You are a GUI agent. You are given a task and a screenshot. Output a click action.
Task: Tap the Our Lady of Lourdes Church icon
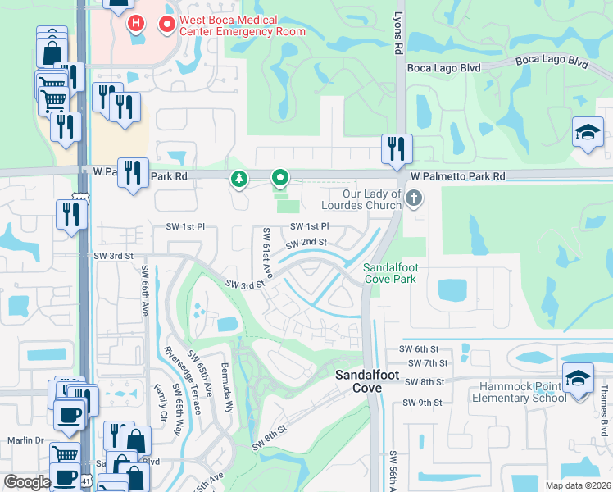(x=415, y=198)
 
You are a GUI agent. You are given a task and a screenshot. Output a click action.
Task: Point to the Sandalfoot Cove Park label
(x=390, y=273)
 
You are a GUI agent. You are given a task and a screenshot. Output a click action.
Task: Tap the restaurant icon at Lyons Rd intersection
(x=397, y=150)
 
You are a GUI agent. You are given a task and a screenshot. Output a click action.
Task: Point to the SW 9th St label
(x=423, y=403)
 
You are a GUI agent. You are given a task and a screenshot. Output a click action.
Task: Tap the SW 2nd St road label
(x=306, y=243)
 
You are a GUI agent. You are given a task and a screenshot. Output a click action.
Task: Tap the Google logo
(x=27, y=481)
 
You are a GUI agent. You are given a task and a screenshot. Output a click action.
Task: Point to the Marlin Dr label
(x=24, y=440)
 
